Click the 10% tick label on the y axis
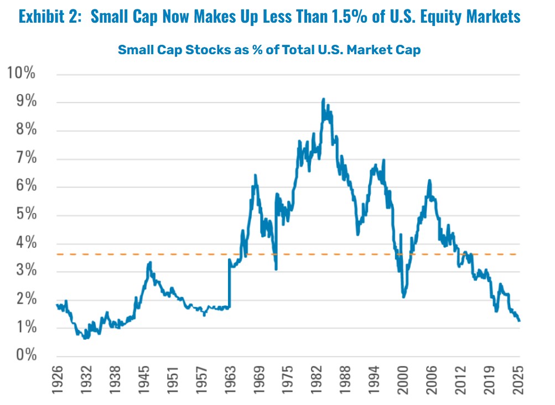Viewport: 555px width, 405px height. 20,73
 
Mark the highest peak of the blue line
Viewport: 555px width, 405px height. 323,100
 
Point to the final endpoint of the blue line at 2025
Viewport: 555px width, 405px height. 519,320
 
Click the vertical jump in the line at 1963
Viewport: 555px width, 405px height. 229,282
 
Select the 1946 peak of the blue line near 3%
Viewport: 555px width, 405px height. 149,263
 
